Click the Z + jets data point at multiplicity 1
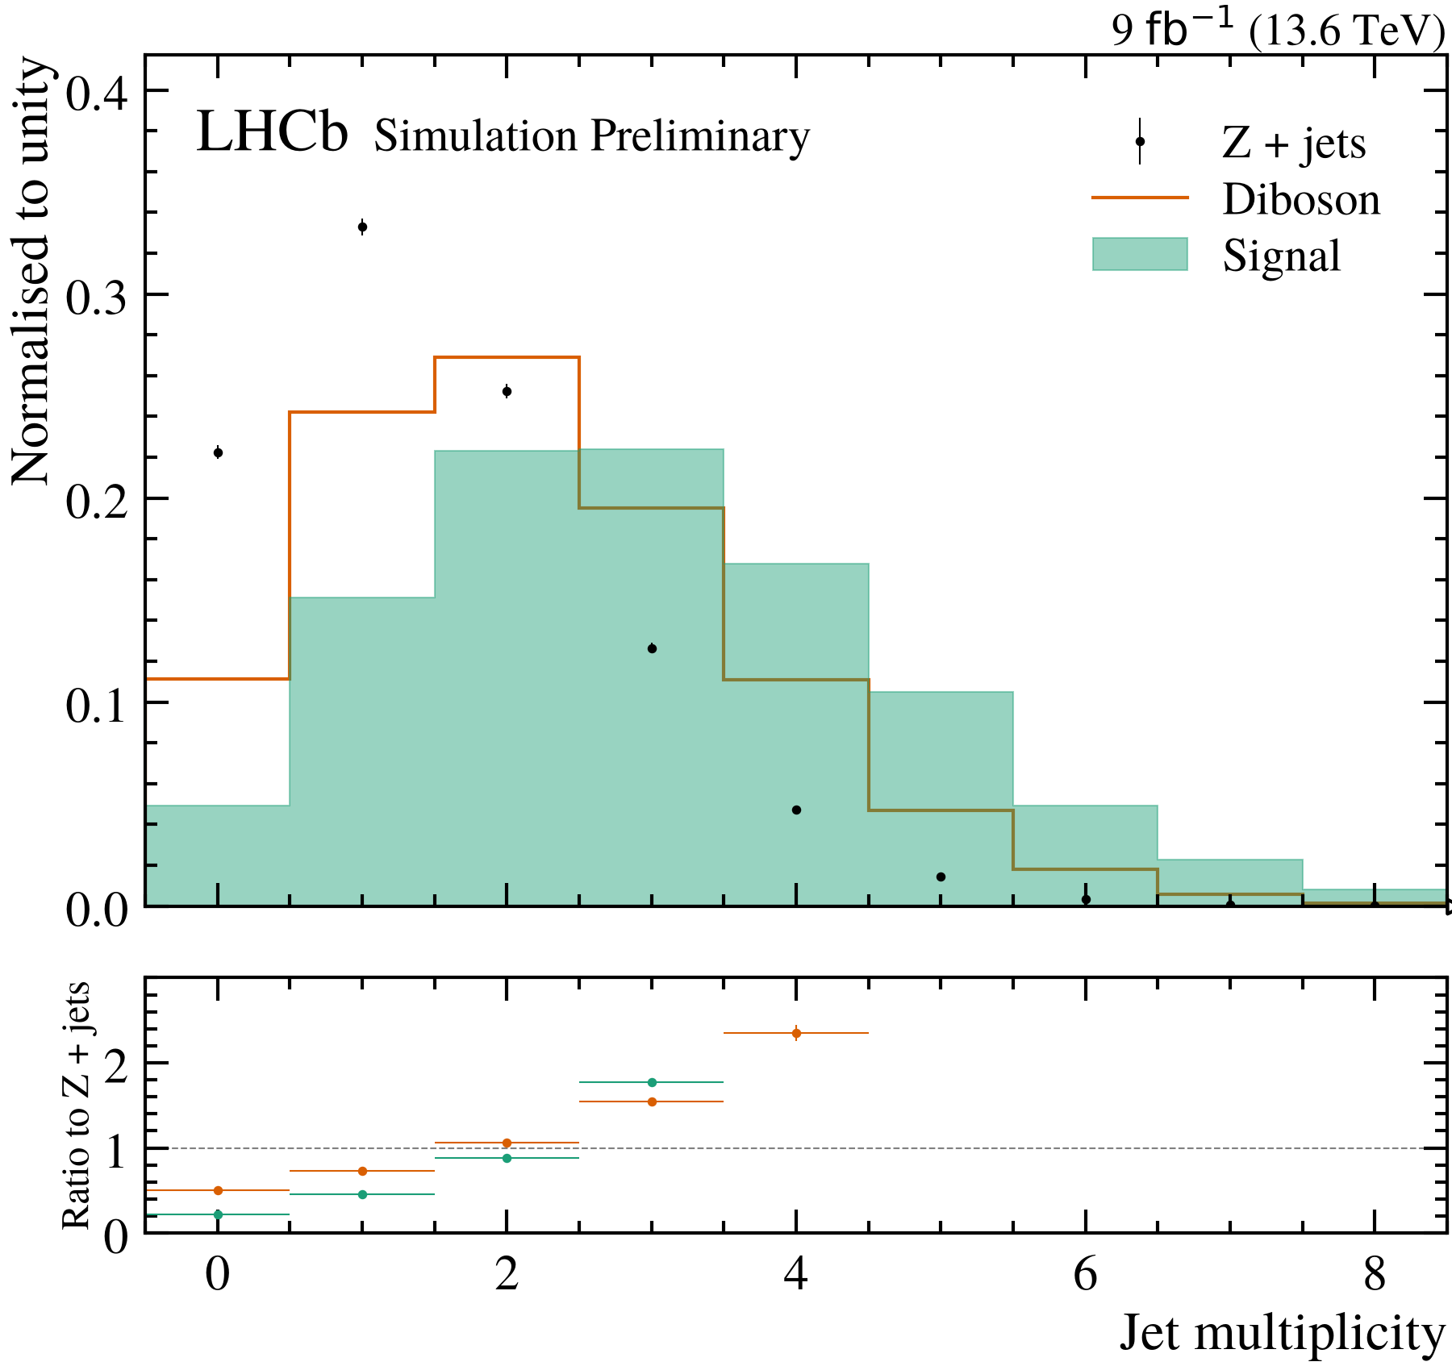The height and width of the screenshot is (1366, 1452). [362, 227]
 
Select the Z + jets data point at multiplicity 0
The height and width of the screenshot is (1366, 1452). [218, 452]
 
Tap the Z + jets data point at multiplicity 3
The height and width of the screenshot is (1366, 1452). [652, 648]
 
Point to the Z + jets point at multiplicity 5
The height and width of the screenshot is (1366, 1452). [941, 877]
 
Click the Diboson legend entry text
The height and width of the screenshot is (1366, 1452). [1301, 199]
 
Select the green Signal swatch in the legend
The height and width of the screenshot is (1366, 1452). [1140, 254]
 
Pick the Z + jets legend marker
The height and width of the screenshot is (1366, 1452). [1140, 141]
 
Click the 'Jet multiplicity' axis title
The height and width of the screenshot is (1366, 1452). [1282, 1333]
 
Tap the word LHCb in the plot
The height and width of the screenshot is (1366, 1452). [273, 132]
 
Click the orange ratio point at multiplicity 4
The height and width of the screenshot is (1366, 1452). [796, 1033]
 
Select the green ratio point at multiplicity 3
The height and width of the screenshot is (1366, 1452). [652, 1082]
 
